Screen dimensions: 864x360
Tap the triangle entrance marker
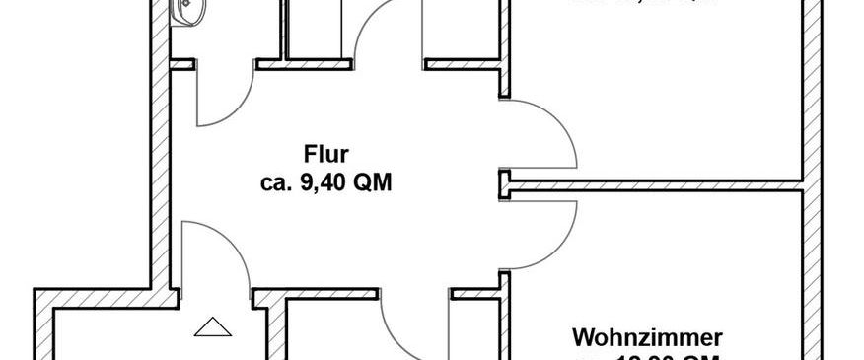(210, 327)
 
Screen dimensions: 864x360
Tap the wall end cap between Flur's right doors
(503, 181)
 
